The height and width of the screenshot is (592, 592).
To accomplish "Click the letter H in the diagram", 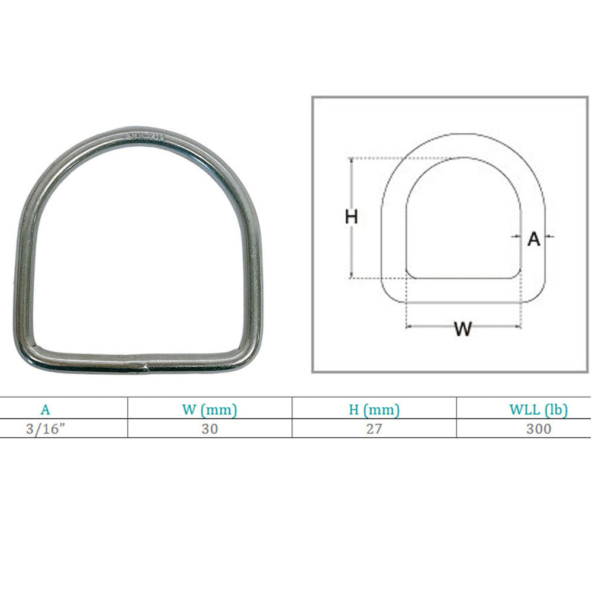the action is point(351,217).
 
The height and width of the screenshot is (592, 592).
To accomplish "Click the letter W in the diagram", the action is point(463,329).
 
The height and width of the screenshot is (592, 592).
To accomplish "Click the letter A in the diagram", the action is point(533,239).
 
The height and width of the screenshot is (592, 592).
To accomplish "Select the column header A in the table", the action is point(45,410).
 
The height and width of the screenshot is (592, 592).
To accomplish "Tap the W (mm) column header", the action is point(210,410).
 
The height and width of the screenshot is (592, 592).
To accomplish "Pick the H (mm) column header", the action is point(374,410).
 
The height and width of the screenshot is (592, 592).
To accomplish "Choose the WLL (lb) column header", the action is point(538,410).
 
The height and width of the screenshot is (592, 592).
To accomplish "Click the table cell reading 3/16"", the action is point(46,429).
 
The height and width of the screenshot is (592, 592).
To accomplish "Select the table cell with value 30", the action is point(210,429).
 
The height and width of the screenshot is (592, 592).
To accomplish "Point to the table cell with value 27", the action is point(374,429).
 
